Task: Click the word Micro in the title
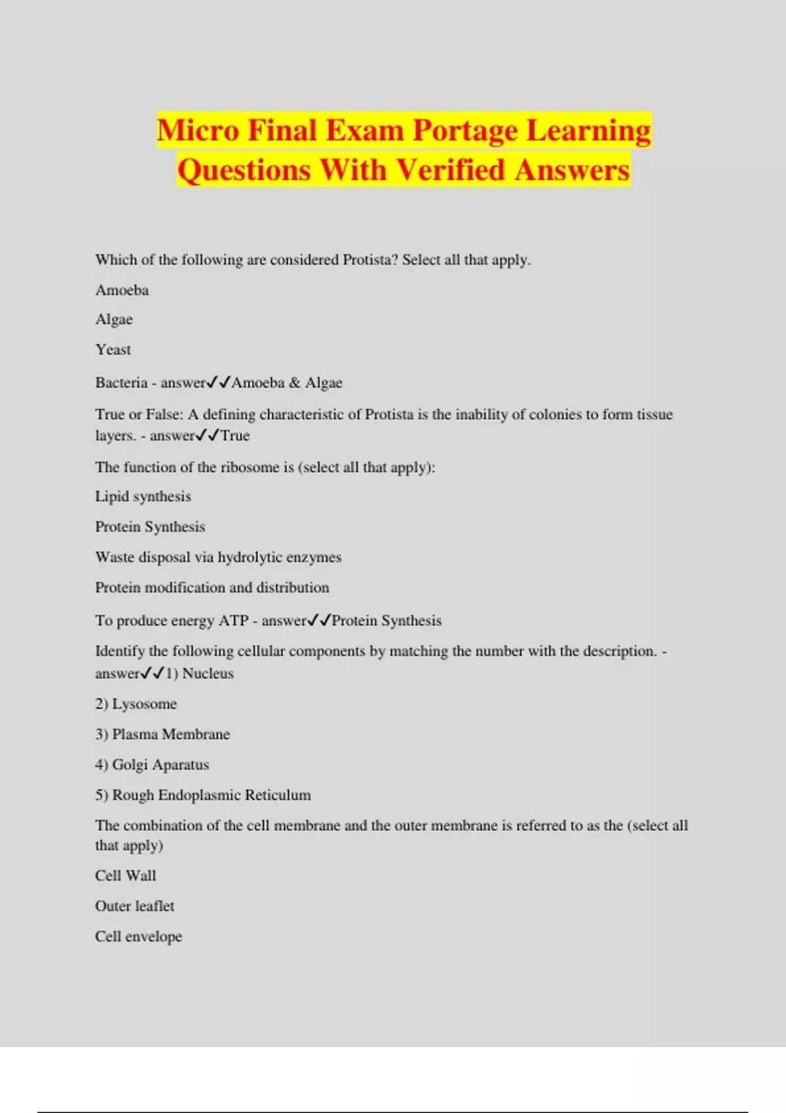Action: click(x=198, y=130)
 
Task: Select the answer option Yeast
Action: click(x=113, y=350)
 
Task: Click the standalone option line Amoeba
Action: click(x=122, y=290)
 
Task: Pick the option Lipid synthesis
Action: click(x=143, y=496)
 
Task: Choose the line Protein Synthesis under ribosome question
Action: click(x=150, y=527)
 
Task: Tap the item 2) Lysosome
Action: click(x=136, y=704)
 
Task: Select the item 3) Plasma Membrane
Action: click(x=162, y=735)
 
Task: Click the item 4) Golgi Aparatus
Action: click(x=152, y=765)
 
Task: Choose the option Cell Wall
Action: click(x=126, y=876)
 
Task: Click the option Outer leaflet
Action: click(x=135, y=906)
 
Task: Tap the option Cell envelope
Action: click(x=138, y=937)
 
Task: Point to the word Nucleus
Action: click(x=208, y=674)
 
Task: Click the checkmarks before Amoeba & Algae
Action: click(x=219, y=382)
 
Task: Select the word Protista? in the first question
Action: click(x=370, y=260)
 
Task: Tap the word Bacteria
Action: click(x=121, y=383)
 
